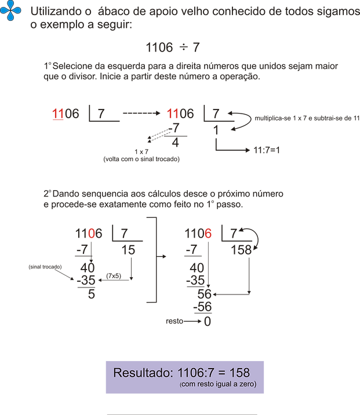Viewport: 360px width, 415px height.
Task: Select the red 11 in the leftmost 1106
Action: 57,114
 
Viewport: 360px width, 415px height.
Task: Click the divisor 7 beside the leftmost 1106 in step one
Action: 101,114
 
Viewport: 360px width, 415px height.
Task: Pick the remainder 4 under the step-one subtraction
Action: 176,143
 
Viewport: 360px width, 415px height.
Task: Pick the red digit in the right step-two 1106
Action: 208,234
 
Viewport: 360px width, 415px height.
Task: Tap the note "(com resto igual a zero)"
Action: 218,384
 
